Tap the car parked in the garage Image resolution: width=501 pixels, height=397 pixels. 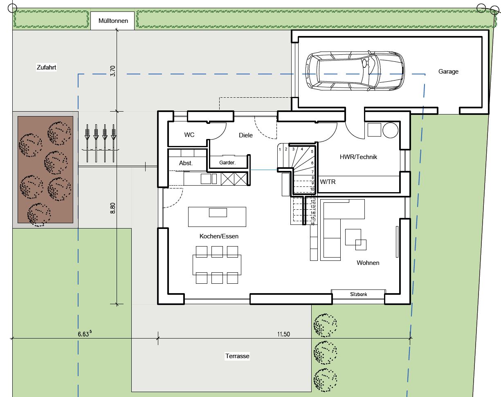355,71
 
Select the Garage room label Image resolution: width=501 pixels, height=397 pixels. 448,72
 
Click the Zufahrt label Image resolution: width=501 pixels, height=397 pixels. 46,67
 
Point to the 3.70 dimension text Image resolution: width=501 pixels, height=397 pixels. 113,71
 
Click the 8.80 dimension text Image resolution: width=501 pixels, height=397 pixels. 113,208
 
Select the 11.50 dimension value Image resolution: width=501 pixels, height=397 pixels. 283,334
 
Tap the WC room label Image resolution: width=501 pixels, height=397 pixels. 189,135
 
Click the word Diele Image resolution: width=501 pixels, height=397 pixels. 246,135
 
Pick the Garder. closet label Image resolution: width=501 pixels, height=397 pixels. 227,163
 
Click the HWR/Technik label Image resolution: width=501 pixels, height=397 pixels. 358,157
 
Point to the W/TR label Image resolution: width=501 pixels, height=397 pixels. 328,182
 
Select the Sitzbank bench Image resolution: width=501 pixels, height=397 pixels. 358,294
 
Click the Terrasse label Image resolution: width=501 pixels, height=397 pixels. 237,356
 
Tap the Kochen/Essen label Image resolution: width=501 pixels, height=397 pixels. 219,236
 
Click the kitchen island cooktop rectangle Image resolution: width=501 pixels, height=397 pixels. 218,213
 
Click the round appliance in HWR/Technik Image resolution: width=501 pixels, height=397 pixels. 391,130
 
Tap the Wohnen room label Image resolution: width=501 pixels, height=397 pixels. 368,263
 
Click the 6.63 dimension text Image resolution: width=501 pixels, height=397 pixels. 85,334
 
